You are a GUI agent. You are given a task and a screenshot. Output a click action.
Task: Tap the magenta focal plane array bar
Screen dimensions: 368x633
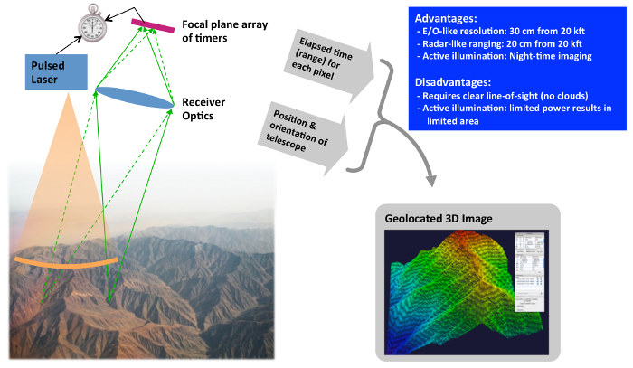tap(153, 23)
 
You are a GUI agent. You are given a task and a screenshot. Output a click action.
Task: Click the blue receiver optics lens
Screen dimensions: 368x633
tap(133, 98)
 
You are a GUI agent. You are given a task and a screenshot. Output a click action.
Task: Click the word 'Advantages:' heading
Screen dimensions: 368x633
tap(442, 17)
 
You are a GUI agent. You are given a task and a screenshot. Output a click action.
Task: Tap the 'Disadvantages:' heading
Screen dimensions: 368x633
tap(449, 80)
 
